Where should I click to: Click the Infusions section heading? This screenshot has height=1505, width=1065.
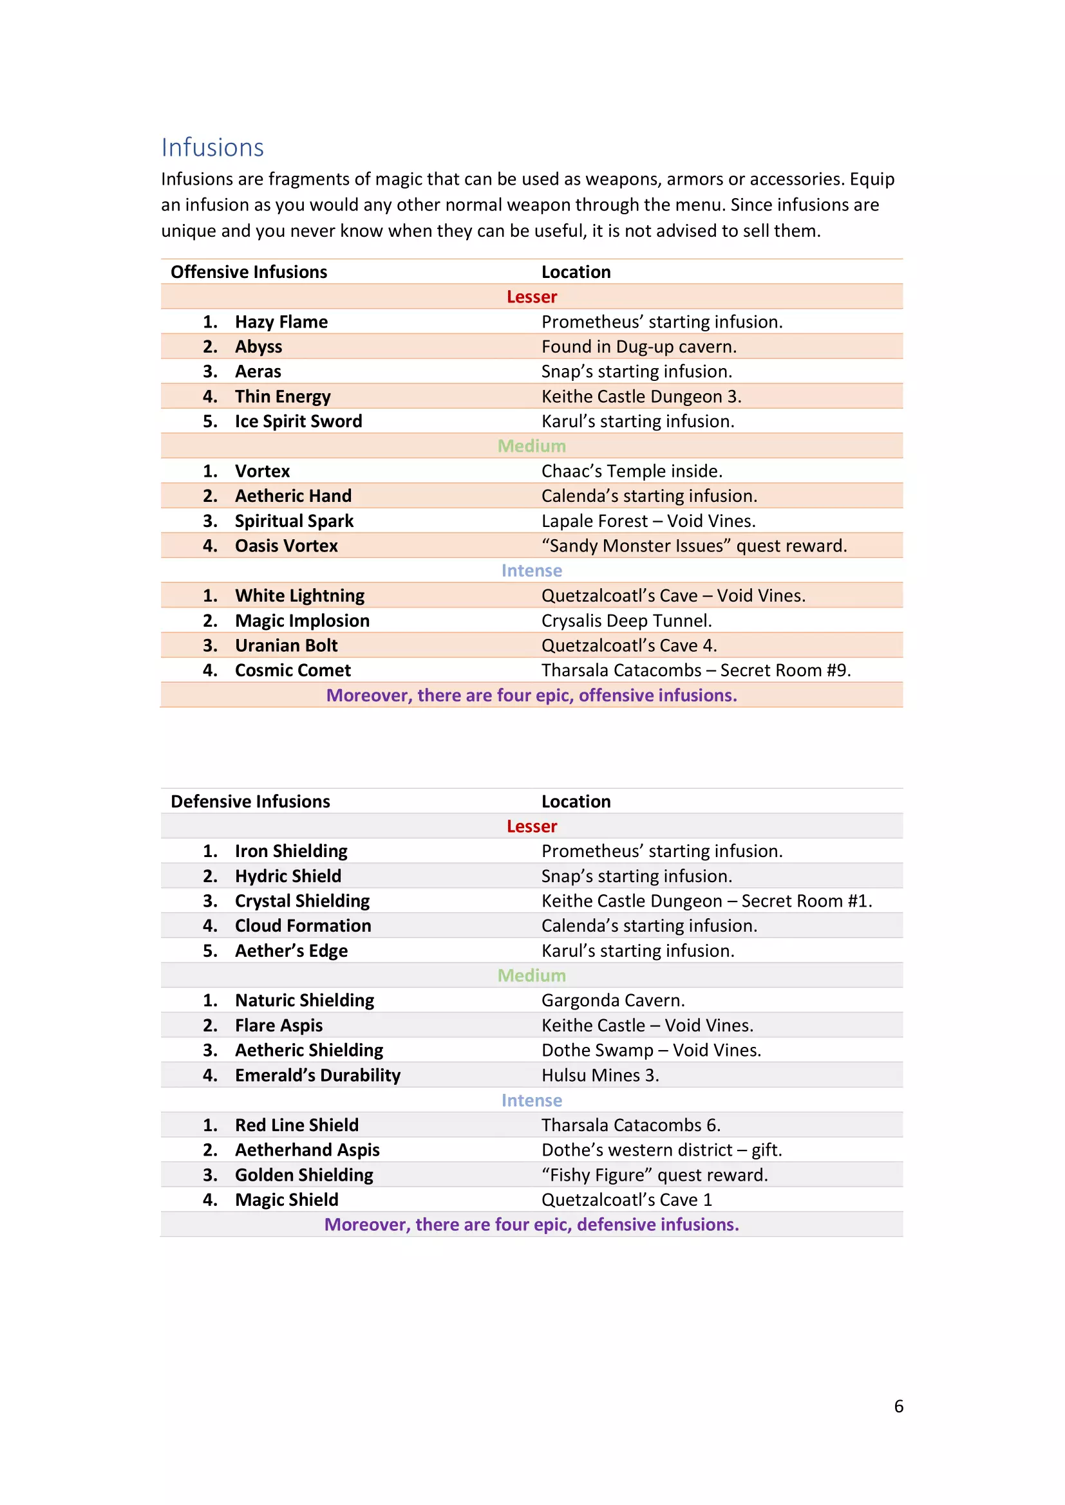click(212, 147)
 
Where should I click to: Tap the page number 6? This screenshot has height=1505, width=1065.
click(898, 1406)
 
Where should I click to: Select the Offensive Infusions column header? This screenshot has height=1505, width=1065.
click(249, 272)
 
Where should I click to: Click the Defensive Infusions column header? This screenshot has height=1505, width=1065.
click(250, 801)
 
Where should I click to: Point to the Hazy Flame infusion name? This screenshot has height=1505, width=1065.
click(281, 322)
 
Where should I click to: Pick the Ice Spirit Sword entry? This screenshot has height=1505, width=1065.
click(298, 421)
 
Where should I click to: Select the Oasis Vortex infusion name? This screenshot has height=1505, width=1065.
click(286, 546)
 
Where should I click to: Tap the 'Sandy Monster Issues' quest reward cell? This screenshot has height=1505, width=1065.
click(694, 546)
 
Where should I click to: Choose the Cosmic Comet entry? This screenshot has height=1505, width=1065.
click(292, 670)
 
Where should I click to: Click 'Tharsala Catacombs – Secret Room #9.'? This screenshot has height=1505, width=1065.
click(696, 670)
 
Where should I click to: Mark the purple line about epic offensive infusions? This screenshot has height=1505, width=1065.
click(531, 695)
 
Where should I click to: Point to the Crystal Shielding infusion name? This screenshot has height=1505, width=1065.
click(303, 901)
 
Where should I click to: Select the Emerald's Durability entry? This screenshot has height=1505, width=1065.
click(317, 1075)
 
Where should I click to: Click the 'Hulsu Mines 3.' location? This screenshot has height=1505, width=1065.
click(600, 1075)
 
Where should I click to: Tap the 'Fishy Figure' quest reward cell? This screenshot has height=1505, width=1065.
click(654, 1175)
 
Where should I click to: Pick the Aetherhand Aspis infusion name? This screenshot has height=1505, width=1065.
click(307, 1150)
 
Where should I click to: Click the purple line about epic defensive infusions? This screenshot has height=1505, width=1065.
click(531, 1224)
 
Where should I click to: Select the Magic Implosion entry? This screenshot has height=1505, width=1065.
click(303, 620)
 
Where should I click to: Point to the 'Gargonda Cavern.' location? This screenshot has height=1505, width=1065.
click(612, 1001)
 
